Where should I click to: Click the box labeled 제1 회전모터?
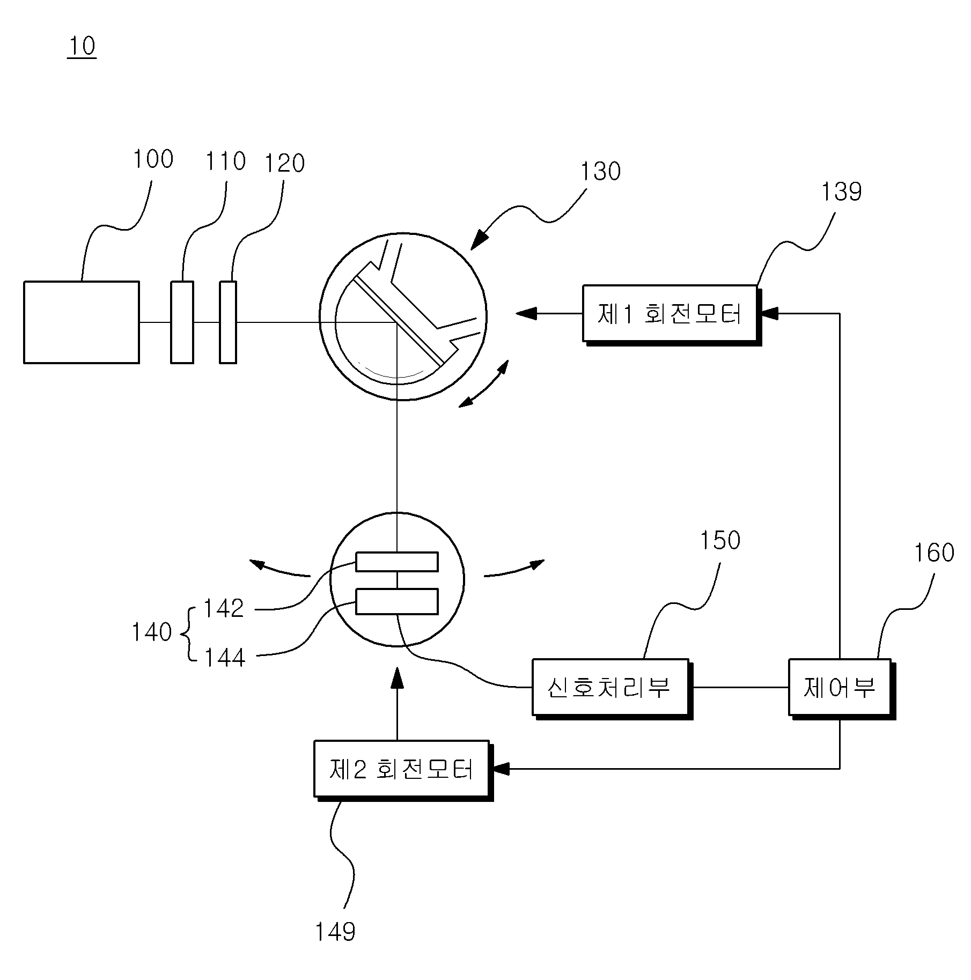click(671, 314)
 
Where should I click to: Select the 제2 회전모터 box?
click(402, 769)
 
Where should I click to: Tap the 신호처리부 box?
click(611, 688)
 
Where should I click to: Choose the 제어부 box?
click(841, 688)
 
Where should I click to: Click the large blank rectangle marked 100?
click(82, 322)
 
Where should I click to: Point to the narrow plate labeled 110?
click(182, 322)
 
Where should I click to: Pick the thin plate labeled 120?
click(227, 322)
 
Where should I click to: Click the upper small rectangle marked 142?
click(397, 562)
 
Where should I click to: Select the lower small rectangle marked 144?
click(397, 601)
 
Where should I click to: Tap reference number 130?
click(600, 172)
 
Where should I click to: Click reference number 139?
click(841, 192)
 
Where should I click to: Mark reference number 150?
click(720, 541)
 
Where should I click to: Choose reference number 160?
click(934, 553)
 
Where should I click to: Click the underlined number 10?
click(82, 46)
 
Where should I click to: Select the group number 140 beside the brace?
click(151, 632)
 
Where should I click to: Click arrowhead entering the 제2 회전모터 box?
click(500, 769)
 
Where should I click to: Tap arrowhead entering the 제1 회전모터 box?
click(769, 313)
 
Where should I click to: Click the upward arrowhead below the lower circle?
click(397, 677)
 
